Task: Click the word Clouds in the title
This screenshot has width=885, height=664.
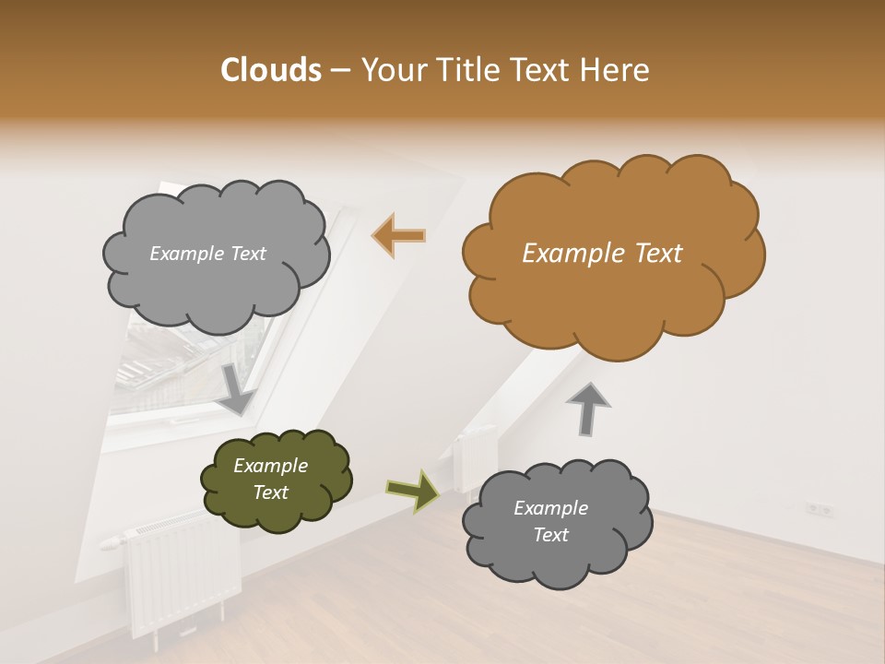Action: click(x=270, y=70)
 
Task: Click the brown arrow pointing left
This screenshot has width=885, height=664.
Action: click(x=399, y=236)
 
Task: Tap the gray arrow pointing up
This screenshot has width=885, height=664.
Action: click(x=588, y=408)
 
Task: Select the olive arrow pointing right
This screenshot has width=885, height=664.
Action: click(x=413, y=490)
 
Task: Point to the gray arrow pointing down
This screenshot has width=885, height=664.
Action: click(x=237, y=387)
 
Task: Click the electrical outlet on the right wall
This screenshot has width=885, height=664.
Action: click(x=819, y=508)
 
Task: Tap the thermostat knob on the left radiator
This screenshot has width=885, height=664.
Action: click(x=111, y=540)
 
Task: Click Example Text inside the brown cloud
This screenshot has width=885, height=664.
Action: click(x=602, y=254)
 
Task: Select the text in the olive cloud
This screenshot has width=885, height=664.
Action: click(x=270, y=480)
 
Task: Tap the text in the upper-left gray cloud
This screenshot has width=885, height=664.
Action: click(x=207, y=254)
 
